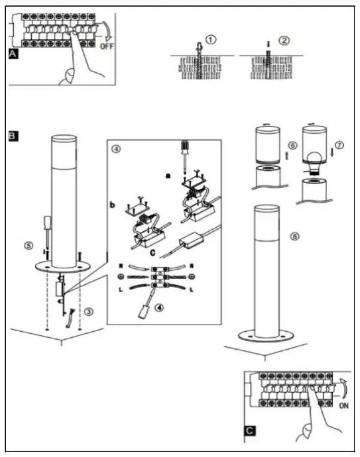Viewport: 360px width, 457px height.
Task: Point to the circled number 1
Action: tap(210, 39)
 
